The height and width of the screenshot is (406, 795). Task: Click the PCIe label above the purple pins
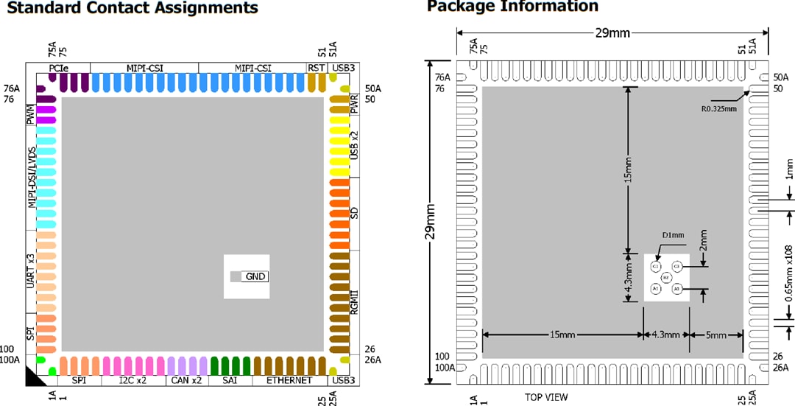tap(59, 68)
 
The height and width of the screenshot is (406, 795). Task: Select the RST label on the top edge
tap(317, 68)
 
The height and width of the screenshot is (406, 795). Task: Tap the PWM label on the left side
tap(30, 114)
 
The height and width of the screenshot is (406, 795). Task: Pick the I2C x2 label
tap(132, 380)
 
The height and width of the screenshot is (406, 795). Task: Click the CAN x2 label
tap(185, 380)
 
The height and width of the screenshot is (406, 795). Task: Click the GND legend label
tap(255, 276)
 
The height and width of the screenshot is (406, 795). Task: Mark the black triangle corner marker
tap(34, 377)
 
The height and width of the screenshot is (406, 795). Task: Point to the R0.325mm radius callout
tap(718, 108)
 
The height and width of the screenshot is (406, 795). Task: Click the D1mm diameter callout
tap(673, 235)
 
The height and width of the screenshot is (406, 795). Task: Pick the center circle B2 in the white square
tap(665, 277)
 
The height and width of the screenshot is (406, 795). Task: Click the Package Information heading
tap(512, 7)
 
